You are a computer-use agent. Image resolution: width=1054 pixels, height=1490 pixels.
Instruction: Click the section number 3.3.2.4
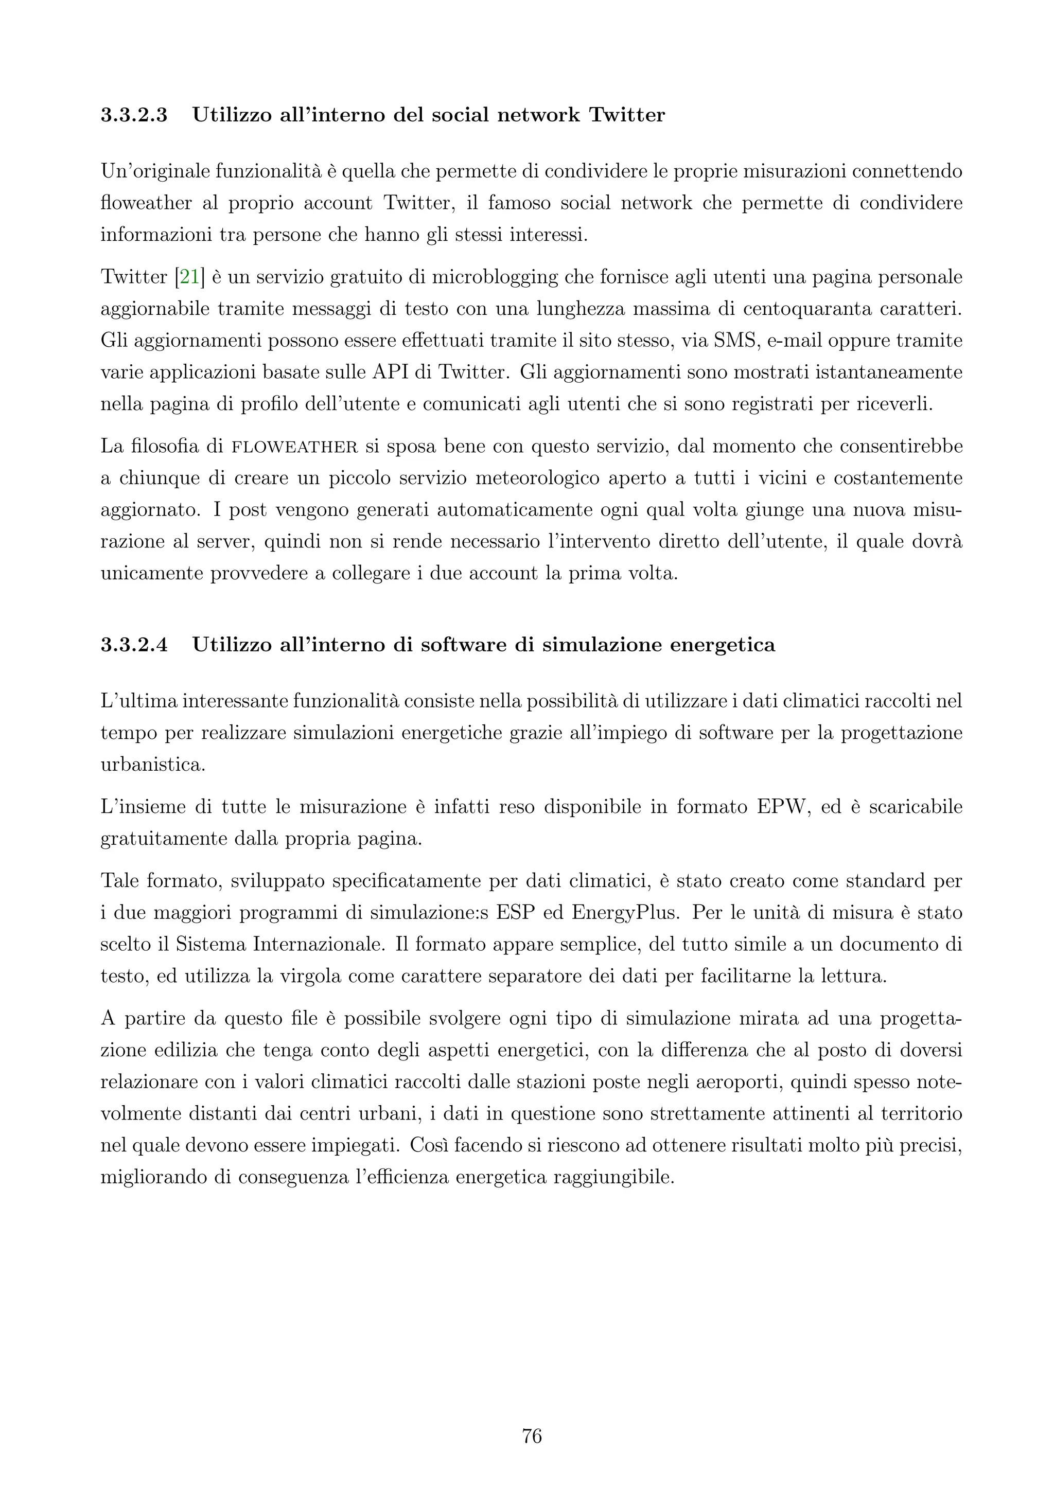pos(134,645)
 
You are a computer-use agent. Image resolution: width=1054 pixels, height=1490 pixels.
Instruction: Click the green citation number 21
pos(189,277)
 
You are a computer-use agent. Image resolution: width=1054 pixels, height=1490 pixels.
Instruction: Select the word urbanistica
pos(152,765)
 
